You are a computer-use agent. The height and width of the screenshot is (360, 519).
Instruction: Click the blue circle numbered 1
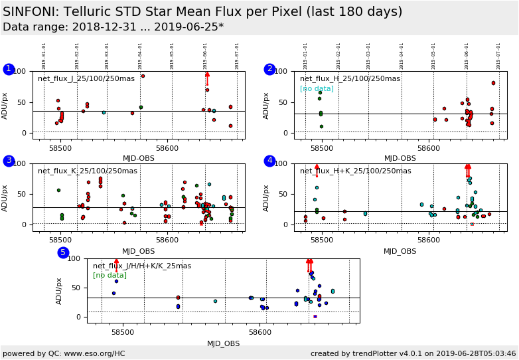[9, 69]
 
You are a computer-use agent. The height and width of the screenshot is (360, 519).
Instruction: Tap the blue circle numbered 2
[269, 69]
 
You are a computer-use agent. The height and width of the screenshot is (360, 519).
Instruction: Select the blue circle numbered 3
[9, 161]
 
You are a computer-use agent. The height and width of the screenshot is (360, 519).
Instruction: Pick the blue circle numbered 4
[269, 161]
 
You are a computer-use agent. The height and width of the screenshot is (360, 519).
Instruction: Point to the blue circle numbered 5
[63, 252]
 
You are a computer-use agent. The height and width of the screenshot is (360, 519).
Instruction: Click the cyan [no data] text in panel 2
[317, 88]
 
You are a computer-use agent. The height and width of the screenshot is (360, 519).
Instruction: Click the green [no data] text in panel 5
[110, 275]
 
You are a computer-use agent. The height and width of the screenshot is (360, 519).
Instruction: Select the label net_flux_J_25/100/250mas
[86, 78]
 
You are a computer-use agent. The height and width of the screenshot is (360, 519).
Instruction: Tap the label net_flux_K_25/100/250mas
[88, 171]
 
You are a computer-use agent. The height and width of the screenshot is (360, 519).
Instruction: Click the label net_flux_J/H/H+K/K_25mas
[142, 266]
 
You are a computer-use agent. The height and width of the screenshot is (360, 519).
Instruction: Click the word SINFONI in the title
[31, 12]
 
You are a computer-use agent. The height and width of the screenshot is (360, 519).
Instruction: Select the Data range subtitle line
[113, 27]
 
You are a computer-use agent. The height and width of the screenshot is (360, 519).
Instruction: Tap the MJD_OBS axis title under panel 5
[224, 343]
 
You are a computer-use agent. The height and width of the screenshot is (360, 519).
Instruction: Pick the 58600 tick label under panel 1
[167, 147]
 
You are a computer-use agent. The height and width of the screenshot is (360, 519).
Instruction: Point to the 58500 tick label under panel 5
[121, 331]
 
